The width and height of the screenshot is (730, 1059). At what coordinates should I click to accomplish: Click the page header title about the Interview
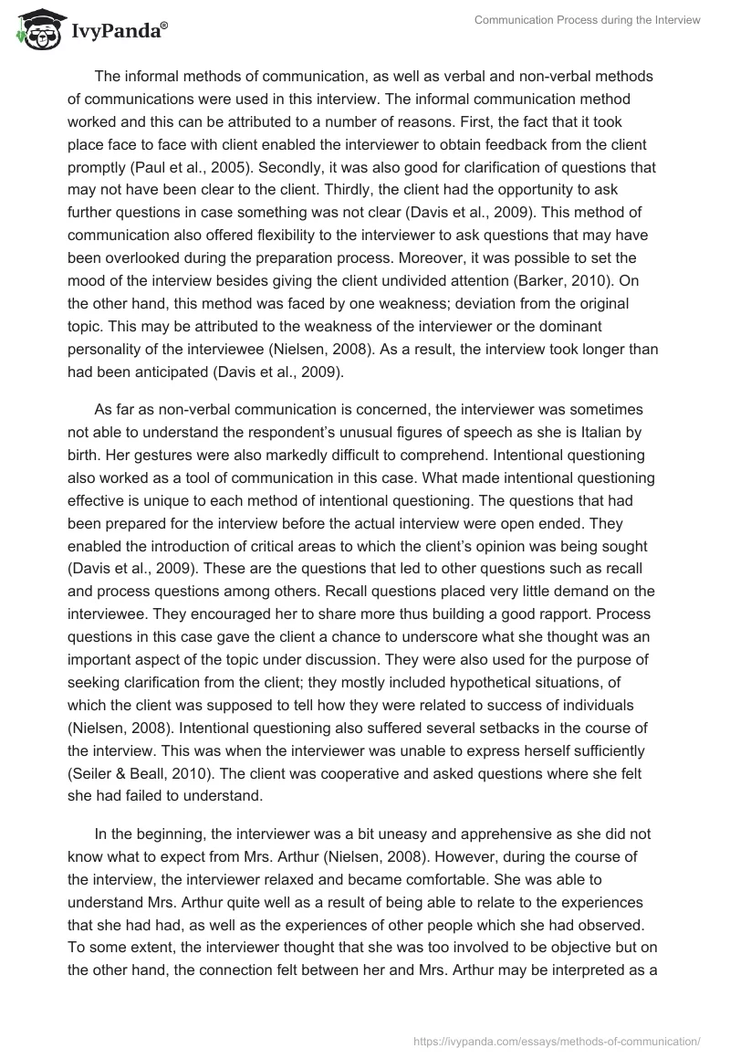[x=587, y=21]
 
